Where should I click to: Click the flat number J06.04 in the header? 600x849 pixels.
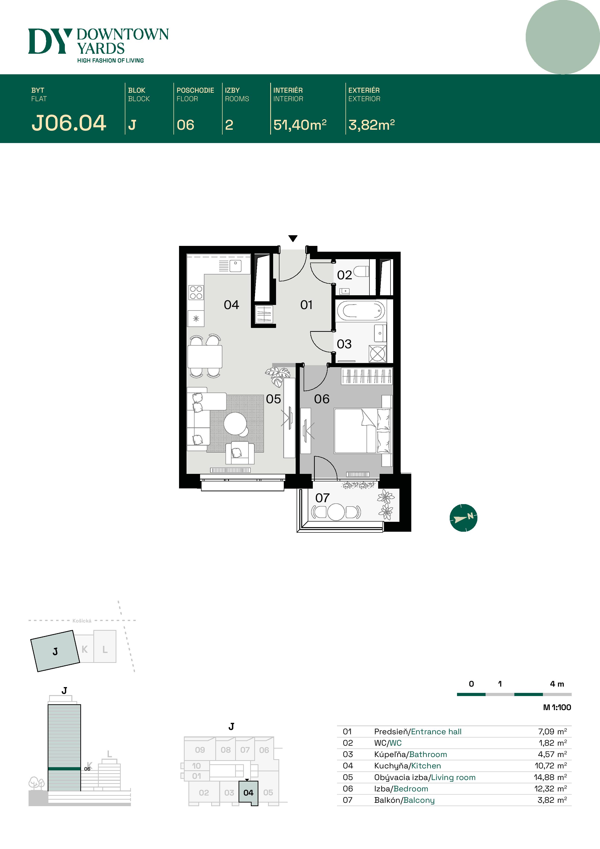pyautogui.click(x=69, y=123)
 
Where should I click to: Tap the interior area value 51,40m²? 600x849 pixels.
pyautogui.click(x=300, y=125)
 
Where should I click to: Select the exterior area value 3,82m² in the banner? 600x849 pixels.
pyautogui.click(x=371, y=125)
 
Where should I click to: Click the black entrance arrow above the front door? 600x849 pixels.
pyautogui.click(x=293, y=238)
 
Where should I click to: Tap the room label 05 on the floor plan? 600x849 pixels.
pyautogui.click(x=273, y=399)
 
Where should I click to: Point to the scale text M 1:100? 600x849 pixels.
pyautogui.click(x=557, y=707)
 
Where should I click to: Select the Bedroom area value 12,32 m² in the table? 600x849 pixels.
pyautogui.click(x=550, y=789)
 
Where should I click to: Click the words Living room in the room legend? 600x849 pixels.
pyautogui.click(x=453, y=777)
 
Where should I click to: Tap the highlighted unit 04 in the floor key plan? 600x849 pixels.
pyautogui.click(x=248, y=792)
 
